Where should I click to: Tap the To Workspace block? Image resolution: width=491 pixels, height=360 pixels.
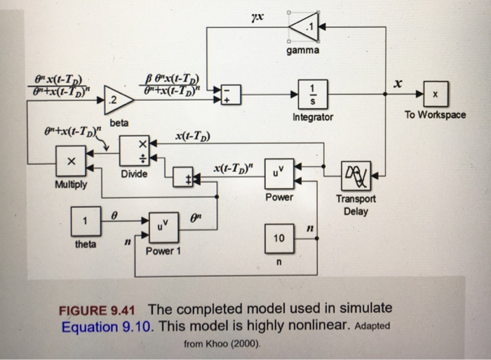pyautogui.click(x=434, y=94)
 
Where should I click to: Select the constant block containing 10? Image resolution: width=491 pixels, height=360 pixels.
pyautogui.click(x=278, y=239)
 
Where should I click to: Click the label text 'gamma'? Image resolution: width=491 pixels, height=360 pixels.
pyautogui.click(x=302, y=51)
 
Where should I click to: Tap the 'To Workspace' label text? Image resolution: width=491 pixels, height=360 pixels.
pyautogui.click(x=435, y=114)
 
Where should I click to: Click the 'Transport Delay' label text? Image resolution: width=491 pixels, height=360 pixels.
pyautogui.click(x=356, y=204)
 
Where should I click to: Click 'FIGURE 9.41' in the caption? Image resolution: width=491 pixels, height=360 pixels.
pyautogui.click(x=98, y=309)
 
